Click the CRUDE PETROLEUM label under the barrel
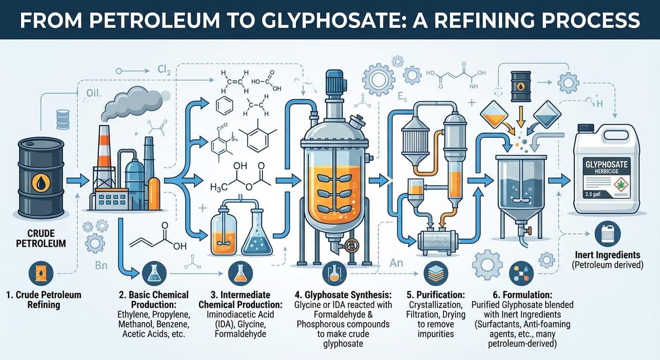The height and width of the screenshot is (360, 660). pyautogui.click(x=41, y=238)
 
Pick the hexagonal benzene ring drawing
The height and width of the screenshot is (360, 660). pyautogui.click(x=224, y=106)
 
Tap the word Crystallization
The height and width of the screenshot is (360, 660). pyautogui.click(x=435, y=305)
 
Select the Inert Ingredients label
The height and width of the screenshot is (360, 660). pyautogui.click(x=607, y=255)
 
